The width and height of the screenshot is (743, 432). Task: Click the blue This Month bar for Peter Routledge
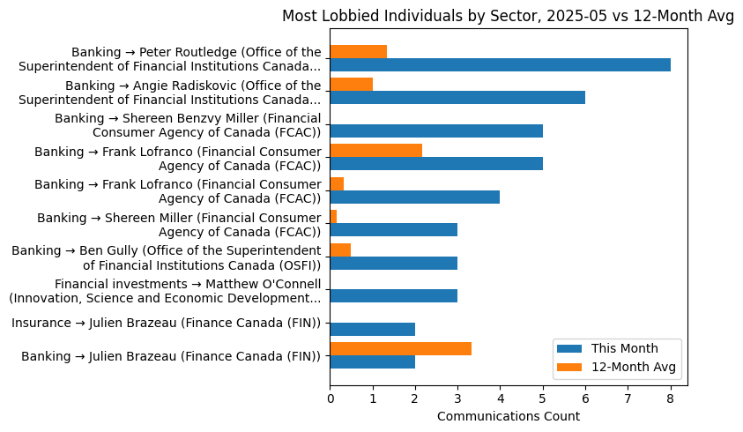(x=500, y=64)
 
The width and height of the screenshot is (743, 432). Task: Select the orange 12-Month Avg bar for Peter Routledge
(x=358, y=51)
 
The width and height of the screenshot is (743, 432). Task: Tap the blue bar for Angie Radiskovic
(x=457, y=98)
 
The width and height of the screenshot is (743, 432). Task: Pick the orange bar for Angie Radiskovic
(x=351, y=85)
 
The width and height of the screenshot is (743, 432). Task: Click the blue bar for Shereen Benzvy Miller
(x=436, y=130)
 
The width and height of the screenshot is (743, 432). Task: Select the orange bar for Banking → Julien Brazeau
(x=400, y=348)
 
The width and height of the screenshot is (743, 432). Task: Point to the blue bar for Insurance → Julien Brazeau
(x=372, y=329)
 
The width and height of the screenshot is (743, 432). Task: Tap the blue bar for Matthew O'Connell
(x=393, y=295)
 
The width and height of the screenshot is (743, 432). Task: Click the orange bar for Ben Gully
(x=340, y=250)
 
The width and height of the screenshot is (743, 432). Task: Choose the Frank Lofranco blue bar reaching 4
(x=414, y=197)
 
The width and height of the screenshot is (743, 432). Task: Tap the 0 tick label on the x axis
(x=330, y=398)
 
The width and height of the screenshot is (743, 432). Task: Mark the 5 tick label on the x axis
(x=543, y=398)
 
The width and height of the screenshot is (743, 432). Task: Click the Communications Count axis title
(x=508, y=416)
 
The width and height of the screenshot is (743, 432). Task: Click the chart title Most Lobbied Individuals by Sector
(x=508, y=16)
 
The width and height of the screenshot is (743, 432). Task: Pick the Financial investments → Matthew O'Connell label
(x=165, y=290)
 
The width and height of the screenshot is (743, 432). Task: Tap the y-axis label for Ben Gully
(x=167, y=257)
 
